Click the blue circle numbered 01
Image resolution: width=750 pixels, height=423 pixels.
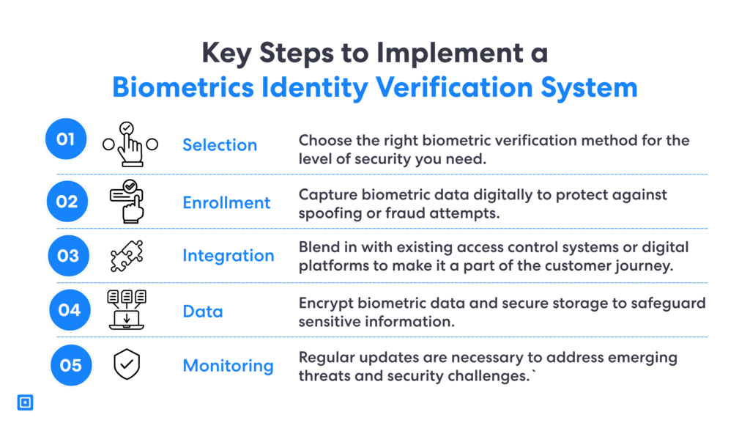[x=66, y=139]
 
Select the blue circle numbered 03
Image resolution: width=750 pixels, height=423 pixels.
[x=68, y=256]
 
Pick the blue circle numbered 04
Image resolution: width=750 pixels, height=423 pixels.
[x=70, y=310]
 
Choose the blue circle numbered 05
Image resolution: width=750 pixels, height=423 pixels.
[x=70, y=364]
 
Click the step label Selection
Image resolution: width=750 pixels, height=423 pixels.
[x=220, y=145]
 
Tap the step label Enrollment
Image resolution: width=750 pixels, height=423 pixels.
[x=226, y=203]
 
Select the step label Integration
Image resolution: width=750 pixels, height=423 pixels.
[x=229, y=256]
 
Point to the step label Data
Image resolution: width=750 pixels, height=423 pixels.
[x=203, y=312]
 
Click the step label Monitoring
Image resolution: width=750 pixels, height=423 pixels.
[x=228, y=366]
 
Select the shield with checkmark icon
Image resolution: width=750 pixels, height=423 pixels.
[x=127, y=364]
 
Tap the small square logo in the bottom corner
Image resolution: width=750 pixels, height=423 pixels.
[x=25, y=402]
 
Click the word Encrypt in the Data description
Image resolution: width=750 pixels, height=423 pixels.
[x=323, y=304]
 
